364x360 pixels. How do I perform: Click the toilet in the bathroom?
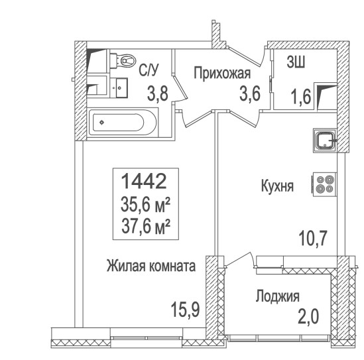point(123,60)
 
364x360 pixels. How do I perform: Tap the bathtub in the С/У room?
point(123,122)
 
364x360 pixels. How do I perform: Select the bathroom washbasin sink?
point(119,88)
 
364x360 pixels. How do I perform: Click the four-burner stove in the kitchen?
point(324,184)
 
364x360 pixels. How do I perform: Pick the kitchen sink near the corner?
point(325,141)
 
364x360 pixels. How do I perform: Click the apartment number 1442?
point(144,181)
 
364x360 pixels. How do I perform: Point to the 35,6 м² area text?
point(146,205)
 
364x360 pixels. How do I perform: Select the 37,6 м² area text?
point(146,226)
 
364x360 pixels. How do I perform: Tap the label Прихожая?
point(222,73)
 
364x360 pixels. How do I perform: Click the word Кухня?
point(277,186)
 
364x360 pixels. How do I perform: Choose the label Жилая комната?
point(151,266)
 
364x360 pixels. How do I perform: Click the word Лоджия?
point(277,296)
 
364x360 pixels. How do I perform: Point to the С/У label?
point(149,70)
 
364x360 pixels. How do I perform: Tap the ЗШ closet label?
point(296,62)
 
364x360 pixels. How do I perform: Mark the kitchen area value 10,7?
point(313,238)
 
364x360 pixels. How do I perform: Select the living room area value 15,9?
point(185,310)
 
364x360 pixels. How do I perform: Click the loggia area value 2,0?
point(308,316)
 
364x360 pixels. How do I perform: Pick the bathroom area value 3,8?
point(158,93)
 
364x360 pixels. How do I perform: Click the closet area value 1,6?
point(301,97)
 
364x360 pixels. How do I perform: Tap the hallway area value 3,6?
point(250,93)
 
